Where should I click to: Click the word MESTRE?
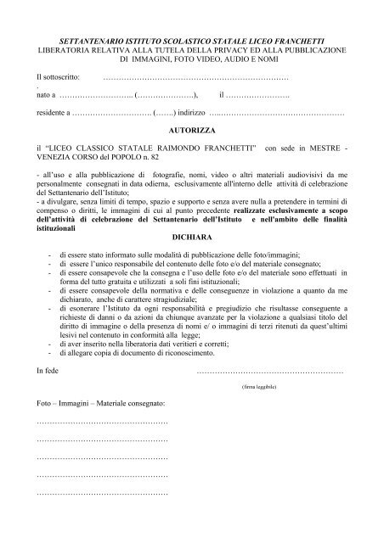322,148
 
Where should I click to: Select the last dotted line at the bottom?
102,493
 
